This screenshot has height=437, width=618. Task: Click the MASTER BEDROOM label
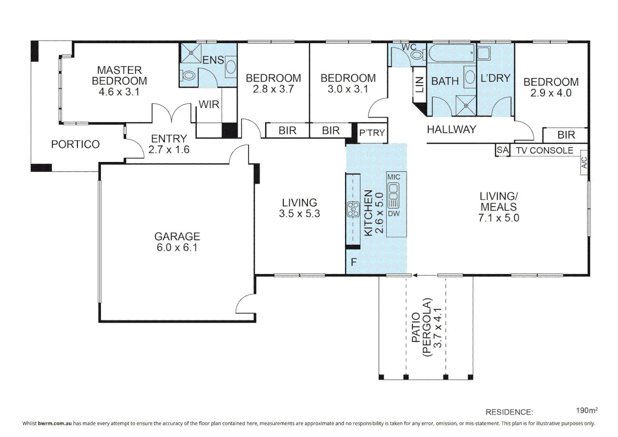[119, 76]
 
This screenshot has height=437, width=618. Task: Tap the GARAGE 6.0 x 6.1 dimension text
[177, 248]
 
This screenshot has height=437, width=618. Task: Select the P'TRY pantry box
[372, 133]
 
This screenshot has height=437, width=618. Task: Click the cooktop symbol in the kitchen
[353, 209]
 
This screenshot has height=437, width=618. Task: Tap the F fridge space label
[354, 262]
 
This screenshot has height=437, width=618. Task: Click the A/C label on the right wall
[584, 163]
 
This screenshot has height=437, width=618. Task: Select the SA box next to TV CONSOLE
[502, 150]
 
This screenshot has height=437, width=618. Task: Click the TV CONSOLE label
[544, 151]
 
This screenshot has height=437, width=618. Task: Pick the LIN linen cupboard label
[420, 85]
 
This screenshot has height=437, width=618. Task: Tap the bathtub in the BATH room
[451, 53]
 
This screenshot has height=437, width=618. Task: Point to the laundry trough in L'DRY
[484, 53]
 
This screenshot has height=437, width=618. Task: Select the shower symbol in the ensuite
[191, 53]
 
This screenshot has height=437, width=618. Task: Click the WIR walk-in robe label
[209, 104]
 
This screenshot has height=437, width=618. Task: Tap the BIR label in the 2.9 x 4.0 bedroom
[566, 135]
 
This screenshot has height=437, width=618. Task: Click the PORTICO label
[75, 144]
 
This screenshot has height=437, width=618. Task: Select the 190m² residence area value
[586, 410]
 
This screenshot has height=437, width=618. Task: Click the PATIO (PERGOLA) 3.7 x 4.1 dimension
[438, 328]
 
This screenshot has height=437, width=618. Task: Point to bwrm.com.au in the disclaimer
[55, 424]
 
